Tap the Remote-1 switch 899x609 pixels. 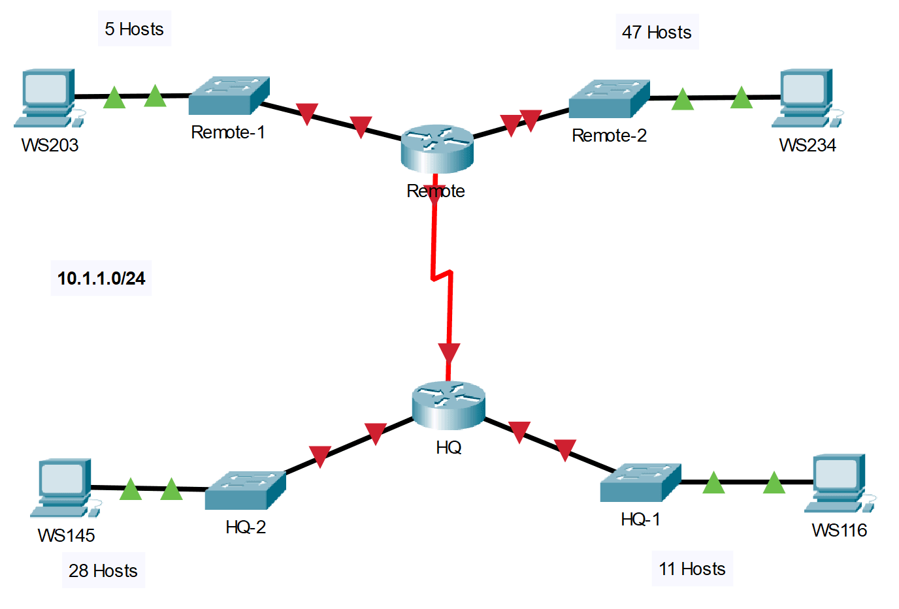[229, 95]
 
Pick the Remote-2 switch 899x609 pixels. [609, 99]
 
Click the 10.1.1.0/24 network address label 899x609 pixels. [101, 279]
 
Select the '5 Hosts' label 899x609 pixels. [135, 29]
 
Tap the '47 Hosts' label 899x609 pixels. [657, 32]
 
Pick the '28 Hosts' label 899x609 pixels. [103, 570]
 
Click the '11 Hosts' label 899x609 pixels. [692, 569]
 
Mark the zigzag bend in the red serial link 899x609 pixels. [442, 276]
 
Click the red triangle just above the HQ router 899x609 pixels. [449, 353]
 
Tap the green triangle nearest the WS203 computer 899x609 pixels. [114, 98]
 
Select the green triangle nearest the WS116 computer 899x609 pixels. [774, 483]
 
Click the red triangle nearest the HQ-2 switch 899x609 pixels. [319, 455]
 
